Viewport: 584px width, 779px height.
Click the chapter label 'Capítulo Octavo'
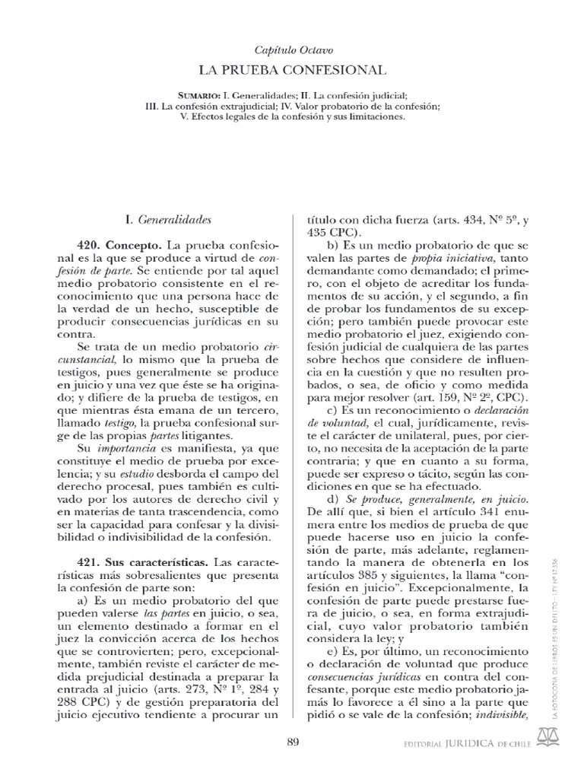(293, 50)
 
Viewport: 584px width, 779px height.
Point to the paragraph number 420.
(90, 248)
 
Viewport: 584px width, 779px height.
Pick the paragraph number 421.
(90, 562)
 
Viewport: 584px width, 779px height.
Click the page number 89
(293, 742)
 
